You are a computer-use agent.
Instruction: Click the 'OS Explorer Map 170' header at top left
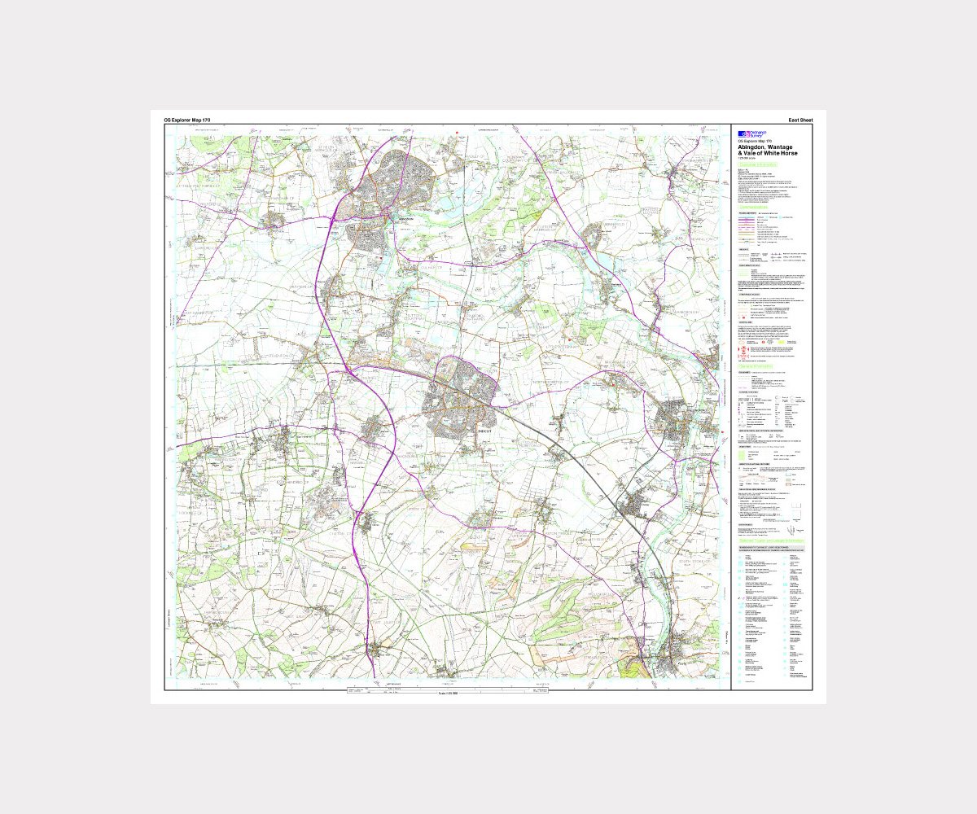(x=186, y=120)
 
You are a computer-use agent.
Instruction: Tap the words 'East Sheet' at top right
(x=800, y=120)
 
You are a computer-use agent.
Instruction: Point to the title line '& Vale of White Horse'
(x=768, y=153)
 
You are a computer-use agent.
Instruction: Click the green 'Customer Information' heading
(x=765, y=165)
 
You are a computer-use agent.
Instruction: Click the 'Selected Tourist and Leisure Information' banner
(x=773, y=540)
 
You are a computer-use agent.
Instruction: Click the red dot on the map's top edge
(x=458, y=132)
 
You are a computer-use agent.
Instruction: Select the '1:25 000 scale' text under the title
(x=750, y=158)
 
